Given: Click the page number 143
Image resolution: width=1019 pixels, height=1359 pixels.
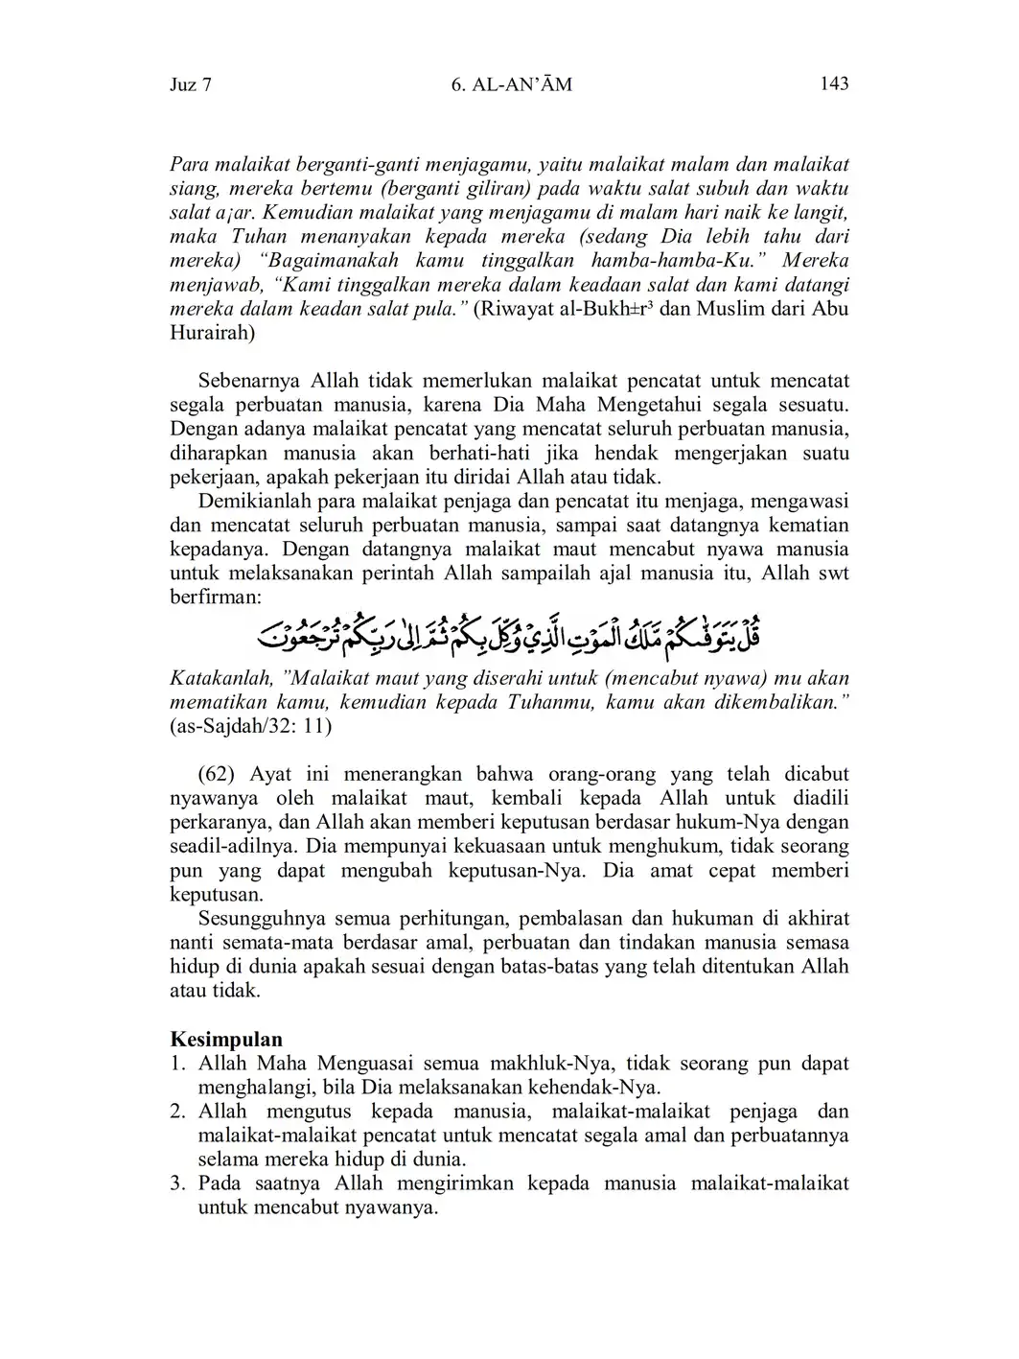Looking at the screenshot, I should (834, 83).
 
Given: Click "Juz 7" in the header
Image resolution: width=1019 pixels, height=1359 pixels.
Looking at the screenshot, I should (191, 84).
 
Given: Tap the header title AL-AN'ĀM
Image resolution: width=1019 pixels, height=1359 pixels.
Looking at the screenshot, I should (510, 84).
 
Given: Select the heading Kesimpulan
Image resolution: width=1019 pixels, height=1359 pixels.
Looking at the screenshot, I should (226, 1040).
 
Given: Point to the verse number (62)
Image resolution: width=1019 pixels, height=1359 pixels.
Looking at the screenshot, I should (219, 774).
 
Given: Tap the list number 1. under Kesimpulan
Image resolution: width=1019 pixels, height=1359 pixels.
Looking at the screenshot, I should (177, 1064).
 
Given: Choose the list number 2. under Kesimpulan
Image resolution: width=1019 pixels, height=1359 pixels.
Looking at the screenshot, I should (177, 1112).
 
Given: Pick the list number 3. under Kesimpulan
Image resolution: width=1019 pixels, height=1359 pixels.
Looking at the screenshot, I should (177, 1183).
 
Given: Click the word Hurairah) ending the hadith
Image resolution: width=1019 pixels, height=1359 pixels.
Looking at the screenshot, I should (213, 333).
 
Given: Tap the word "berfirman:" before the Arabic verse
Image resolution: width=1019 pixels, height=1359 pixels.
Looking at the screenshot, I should (215, 597).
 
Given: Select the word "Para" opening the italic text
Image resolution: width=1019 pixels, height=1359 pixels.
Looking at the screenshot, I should (189, 164).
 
